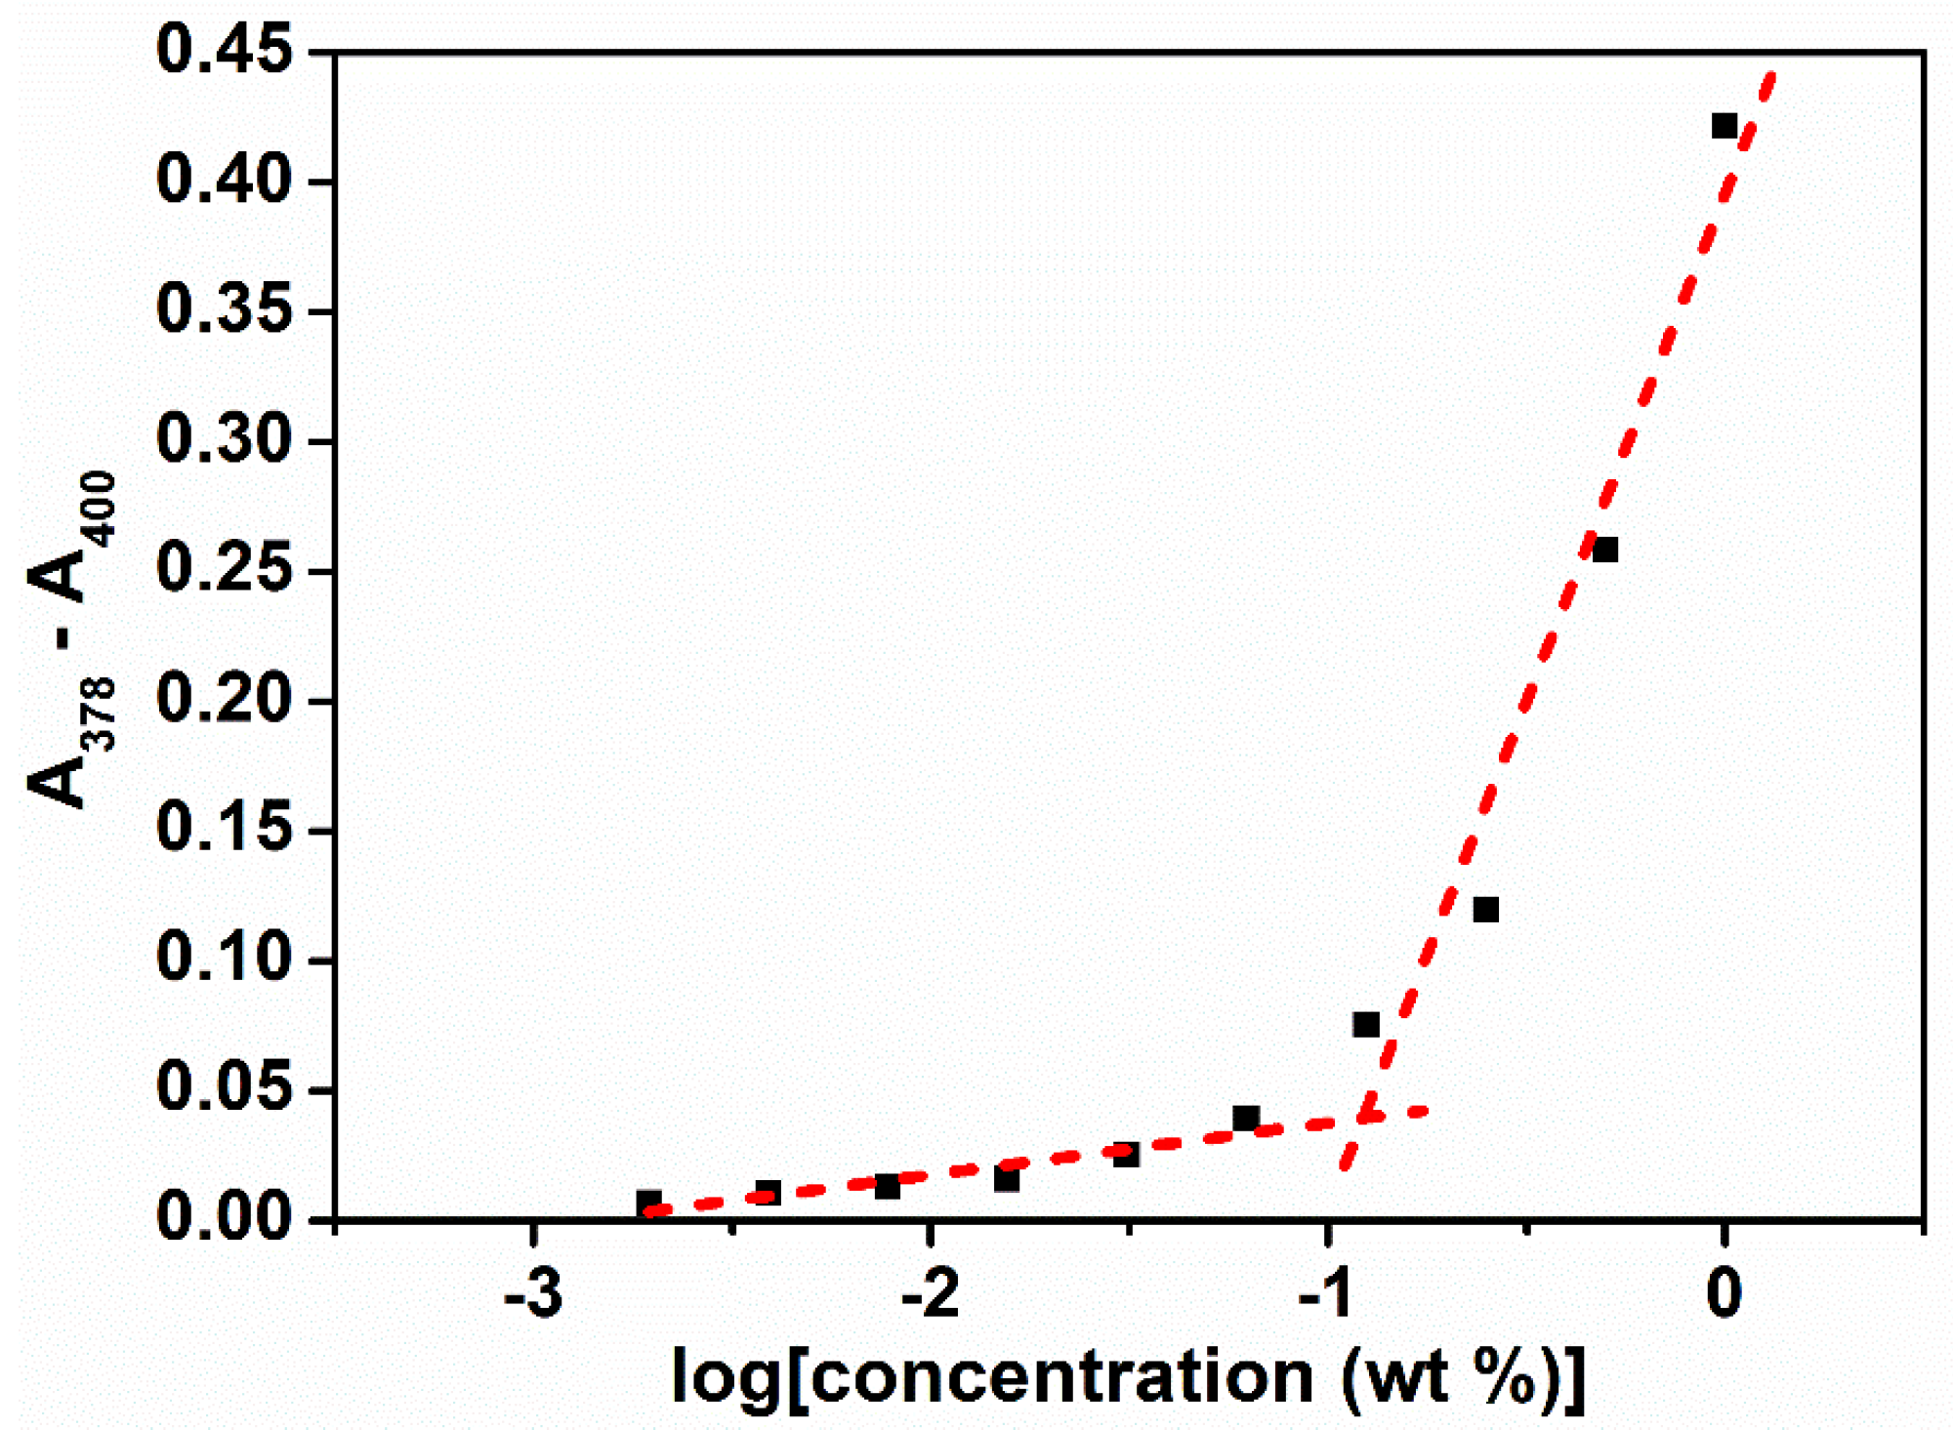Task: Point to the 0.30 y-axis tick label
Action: click(x=224, y=439)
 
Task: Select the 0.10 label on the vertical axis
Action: click(x=224, y=958)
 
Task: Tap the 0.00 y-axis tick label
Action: click(x=224, y=1217)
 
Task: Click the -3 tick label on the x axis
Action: click(x=533, y=1295)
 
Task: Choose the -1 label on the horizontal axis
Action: click(x=1327, y=1295)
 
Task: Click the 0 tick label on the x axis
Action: click(x=1724, y=1295)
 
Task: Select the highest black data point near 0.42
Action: click(x=1724, y=126)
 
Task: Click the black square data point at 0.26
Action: click(x=1605, y=551)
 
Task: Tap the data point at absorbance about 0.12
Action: click(x=1485, y=910)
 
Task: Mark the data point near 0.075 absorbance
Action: click(x=1366, y=1025)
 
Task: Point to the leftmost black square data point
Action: click(x=649, y=1202)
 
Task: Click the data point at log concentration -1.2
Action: click(x=1246, y=1118)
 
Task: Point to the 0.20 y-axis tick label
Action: click(x=224, y=699)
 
